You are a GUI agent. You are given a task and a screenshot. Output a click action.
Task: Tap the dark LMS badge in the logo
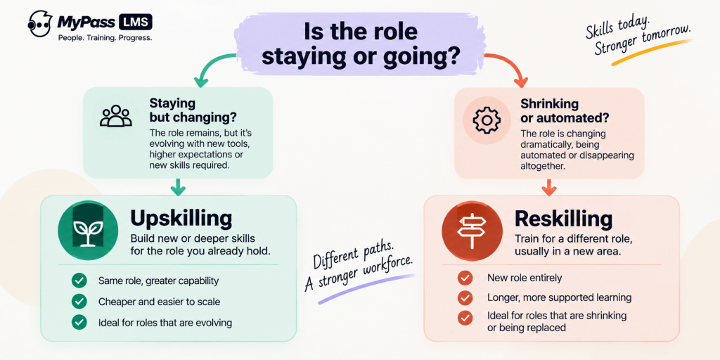[x=136, y=22]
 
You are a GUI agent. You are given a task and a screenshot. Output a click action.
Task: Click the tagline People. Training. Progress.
[x=105, y=38]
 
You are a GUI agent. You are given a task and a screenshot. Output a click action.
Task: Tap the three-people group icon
[x=115, y=116]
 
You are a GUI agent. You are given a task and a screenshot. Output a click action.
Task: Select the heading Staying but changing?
[x=193, y=109]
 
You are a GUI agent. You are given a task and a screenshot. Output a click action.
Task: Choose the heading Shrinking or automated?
[x=565, y=110]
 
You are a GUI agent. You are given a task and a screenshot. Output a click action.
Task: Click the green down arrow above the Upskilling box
[x=178, y=188]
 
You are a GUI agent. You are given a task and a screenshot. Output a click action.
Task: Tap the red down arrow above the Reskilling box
[x=549, y=188]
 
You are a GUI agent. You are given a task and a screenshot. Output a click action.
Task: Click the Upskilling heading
[x=181, y=218]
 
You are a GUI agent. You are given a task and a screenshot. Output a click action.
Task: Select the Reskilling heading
[x=563, y=219]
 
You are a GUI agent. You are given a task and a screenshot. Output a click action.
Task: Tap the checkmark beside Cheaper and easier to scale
[x=79, y=302]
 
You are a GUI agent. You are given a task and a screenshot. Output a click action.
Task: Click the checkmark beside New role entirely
[x=465, y=278]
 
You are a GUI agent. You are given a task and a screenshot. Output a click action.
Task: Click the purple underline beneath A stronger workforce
[x=366, y=289]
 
